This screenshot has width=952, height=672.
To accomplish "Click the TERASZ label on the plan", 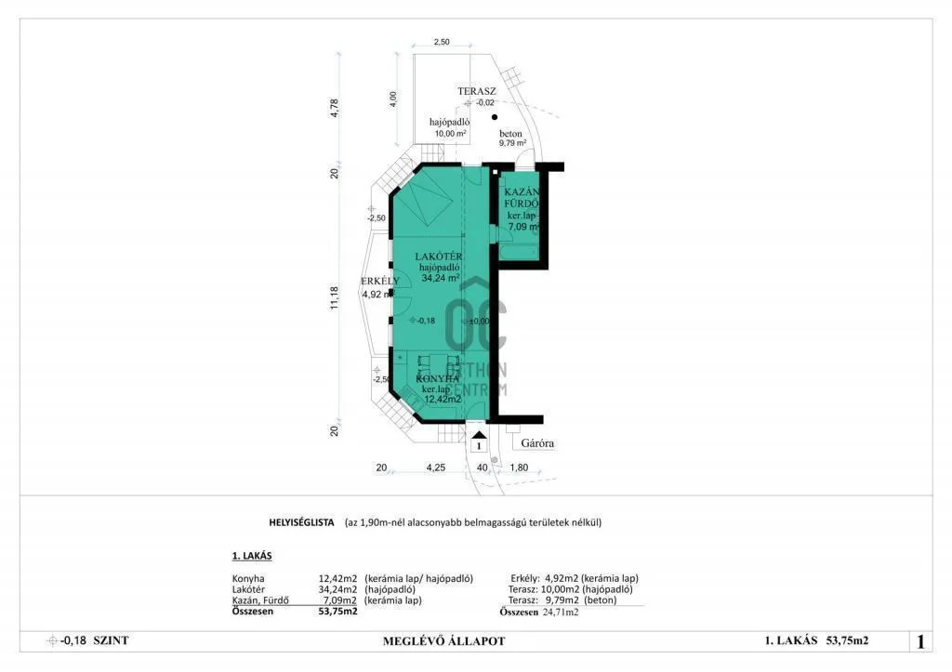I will tap(476, 91).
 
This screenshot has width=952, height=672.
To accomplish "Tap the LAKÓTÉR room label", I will tap(440, 257).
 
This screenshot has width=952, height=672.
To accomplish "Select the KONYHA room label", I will tap(437, 379).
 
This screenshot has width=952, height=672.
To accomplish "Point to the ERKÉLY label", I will tap(379, 281).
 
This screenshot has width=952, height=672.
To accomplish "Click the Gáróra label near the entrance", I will tap(537, 443).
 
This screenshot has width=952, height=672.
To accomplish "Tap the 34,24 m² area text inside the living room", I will tap(440, 278).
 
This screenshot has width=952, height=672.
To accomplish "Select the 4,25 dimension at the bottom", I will tap(434, 468).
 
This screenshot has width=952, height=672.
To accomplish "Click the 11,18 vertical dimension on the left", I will tap(336, 300).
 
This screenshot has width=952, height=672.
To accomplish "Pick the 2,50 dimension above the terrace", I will tap(442, 43).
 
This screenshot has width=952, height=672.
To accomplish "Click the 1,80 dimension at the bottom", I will tap(519, 468).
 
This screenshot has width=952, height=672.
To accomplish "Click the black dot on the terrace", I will tap(495, 117).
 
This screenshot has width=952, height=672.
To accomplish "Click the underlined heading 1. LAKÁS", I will tap(252, 556).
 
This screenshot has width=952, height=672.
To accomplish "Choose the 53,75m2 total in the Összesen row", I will tap(337, 613).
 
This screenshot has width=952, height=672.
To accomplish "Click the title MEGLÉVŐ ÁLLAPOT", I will tap(443, 640).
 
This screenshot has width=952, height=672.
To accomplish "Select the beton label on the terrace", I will tap(510, 134).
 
